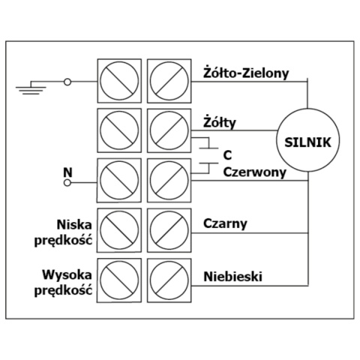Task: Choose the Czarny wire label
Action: (x=225, y=223)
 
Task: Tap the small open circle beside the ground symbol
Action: (x=69, y=81)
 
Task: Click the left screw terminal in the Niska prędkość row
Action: (x=119, y=229)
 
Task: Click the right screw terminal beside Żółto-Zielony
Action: (x=168, y=80)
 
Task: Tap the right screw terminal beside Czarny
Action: (x=168, y=229)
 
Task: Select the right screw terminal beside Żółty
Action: (x=168, y=129)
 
